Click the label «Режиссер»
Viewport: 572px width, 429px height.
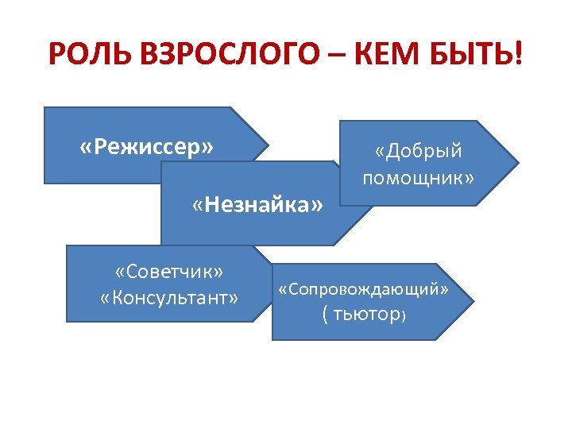point(147,147)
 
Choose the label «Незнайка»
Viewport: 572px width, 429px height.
point(257,207)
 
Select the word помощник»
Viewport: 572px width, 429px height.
point(418,178)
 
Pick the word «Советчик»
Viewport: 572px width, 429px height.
point(168,272)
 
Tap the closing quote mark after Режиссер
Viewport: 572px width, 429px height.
point(208,148)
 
